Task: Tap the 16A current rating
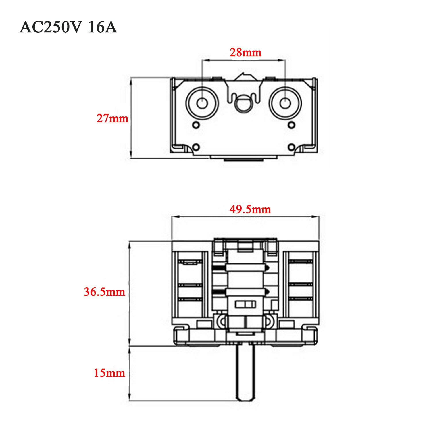[103, 28]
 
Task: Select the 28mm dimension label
[245, 53]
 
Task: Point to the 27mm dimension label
[112, 118]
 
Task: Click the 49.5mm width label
[250, 209]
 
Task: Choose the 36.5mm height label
[105, 292]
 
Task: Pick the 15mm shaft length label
[109, 373]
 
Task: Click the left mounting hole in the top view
[202, 103]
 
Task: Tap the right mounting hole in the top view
[285, 103]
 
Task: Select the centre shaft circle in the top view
[243, 104]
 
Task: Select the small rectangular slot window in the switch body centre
[245, 304]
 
